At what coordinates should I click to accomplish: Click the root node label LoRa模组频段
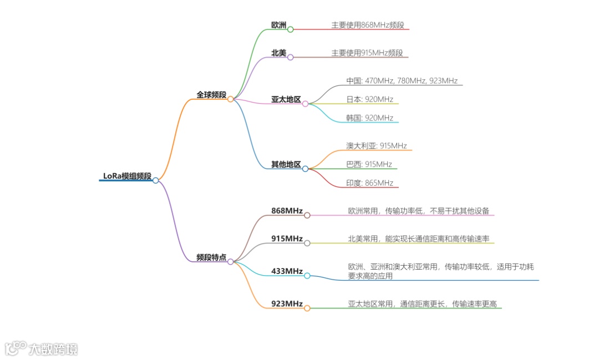(127, 176)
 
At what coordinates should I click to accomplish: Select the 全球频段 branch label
(211, 95)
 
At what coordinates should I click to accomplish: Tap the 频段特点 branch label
(211, 257)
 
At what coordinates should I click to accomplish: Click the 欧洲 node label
(278, 25)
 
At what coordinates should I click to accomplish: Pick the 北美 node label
(278, 53)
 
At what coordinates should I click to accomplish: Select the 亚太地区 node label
(286, 100)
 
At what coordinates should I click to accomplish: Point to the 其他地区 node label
(286, 165)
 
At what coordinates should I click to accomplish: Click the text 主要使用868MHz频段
(368, 25)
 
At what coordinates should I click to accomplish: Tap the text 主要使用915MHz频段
(367, 53)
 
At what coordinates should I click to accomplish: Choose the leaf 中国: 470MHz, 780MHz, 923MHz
(402, 81)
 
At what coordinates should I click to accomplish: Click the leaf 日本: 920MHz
(369, 99)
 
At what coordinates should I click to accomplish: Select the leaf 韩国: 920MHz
(369, 118)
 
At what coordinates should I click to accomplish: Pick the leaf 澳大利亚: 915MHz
(376, 146)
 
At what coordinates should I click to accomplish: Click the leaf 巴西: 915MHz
(369, 164)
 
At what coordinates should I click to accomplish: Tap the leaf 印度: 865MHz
(369, 183)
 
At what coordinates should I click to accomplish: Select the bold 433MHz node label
(287, 271)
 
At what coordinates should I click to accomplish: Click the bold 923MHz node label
(287, 303)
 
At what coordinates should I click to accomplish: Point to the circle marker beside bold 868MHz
(307, 215)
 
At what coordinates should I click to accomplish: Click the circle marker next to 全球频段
(231, 99)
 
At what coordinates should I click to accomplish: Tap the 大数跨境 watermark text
(53, 349)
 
